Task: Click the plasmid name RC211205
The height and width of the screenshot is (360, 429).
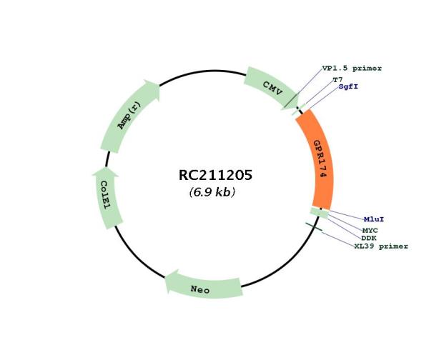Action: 215,175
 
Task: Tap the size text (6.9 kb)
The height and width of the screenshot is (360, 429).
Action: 212,192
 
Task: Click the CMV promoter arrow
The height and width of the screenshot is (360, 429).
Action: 271,88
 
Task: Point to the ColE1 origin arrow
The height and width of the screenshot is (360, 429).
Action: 106,197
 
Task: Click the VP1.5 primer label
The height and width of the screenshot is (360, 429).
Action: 352,69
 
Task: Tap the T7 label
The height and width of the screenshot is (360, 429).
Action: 338,80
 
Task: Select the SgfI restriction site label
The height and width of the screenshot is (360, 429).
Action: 348,86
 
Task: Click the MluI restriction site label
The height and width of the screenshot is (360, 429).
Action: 374,219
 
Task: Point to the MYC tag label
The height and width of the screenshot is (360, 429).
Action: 370,231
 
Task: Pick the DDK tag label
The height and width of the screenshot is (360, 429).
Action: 369,238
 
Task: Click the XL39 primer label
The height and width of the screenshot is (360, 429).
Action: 381,246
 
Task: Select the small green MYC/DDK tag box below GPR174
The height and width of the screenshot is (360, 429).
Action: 320,213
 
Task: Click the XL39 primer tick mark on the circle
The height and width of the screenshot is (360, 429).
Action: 314,227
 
